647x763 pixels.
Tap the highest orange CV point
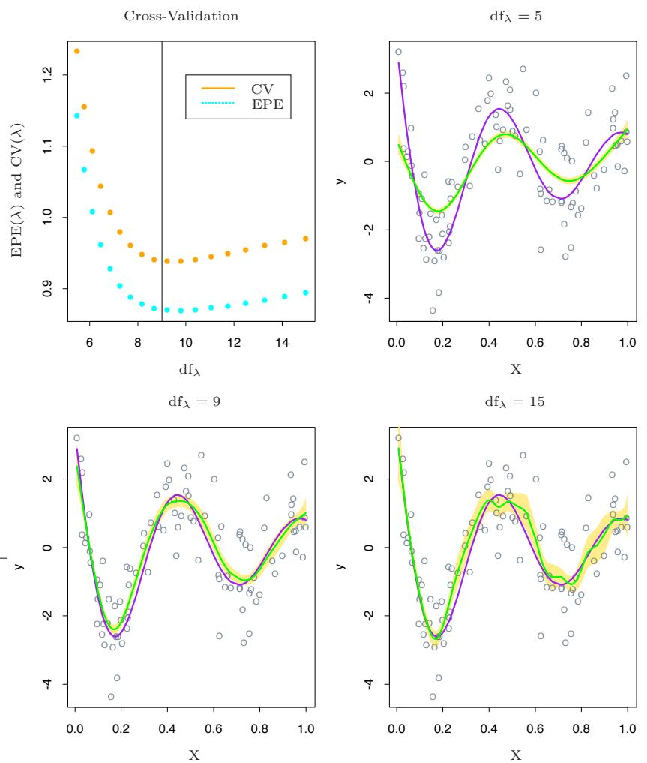76,51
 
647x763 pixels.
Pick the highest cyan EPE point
76,116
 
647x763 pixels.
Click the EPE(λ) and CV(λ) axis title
16,182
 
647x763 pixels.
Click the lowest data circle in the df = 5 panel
433,310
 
